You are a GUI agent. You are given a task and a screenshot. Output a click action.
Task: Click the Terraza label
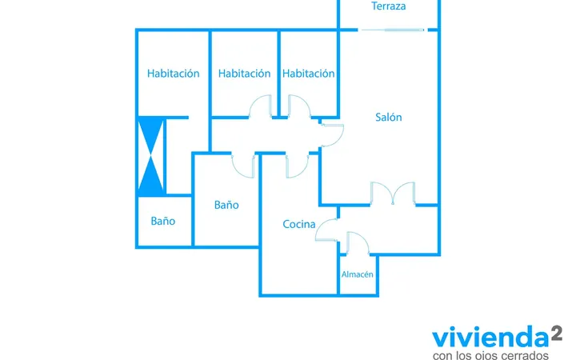[x=388, y=6]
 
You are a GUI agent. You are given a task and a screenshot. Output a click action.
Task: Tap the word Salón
[x=388, y=117]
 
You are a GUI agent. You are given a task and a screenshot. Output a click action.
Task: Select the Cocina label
[x=299, y=224]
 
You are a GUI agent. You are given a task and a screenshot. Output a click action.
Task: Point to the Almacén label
[x=357, y=274]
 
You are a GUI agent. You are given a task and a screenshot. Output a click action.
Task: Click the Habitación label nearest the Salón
[x=308, y=74]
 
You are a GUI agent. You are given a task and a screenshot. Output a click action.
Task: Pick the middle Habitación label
[x=244, y=74]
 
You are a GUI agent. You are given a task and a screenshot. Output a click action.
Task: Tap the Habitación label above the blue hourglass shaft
[x=173, y=74]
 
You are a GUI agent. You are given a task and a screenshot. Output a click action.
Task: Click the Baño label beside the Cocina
[x=226, y=205]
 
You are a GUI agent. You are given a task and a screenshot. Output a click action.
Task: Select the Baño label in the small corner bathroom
[x=162, y=221]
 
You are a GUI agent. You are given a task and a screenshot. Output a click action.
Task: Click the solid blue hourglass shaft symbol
[x=150, y=156]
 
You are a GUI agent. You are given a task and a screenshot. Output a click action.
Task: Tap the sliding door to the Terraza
[x=393, y=30]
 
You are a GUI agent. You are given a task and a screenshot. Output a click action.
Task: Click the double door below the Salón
[x=393, y=194]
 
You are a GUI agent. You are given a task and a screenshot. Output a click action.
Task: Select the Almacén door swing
[x=358, y=242]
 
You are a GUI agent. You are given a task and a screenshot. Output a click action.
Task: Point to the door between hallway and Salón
[x=333, y=135]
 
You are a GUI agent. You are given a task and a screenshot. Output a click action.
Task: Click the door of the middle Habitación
[x=261, y=106]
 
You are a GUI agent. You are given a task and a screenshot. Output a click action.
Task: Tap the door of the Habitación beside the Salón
[x=299, y=106]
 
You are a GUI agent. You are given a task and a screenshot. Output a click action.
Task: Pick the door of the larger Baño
[x=243, y=166]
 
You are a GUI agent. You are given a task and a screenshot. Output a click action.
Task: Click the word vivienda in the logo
[x=490, y=337]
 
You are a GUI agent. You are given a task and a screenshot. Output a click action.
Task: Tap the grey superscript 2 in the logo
[x=557, y=334]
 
